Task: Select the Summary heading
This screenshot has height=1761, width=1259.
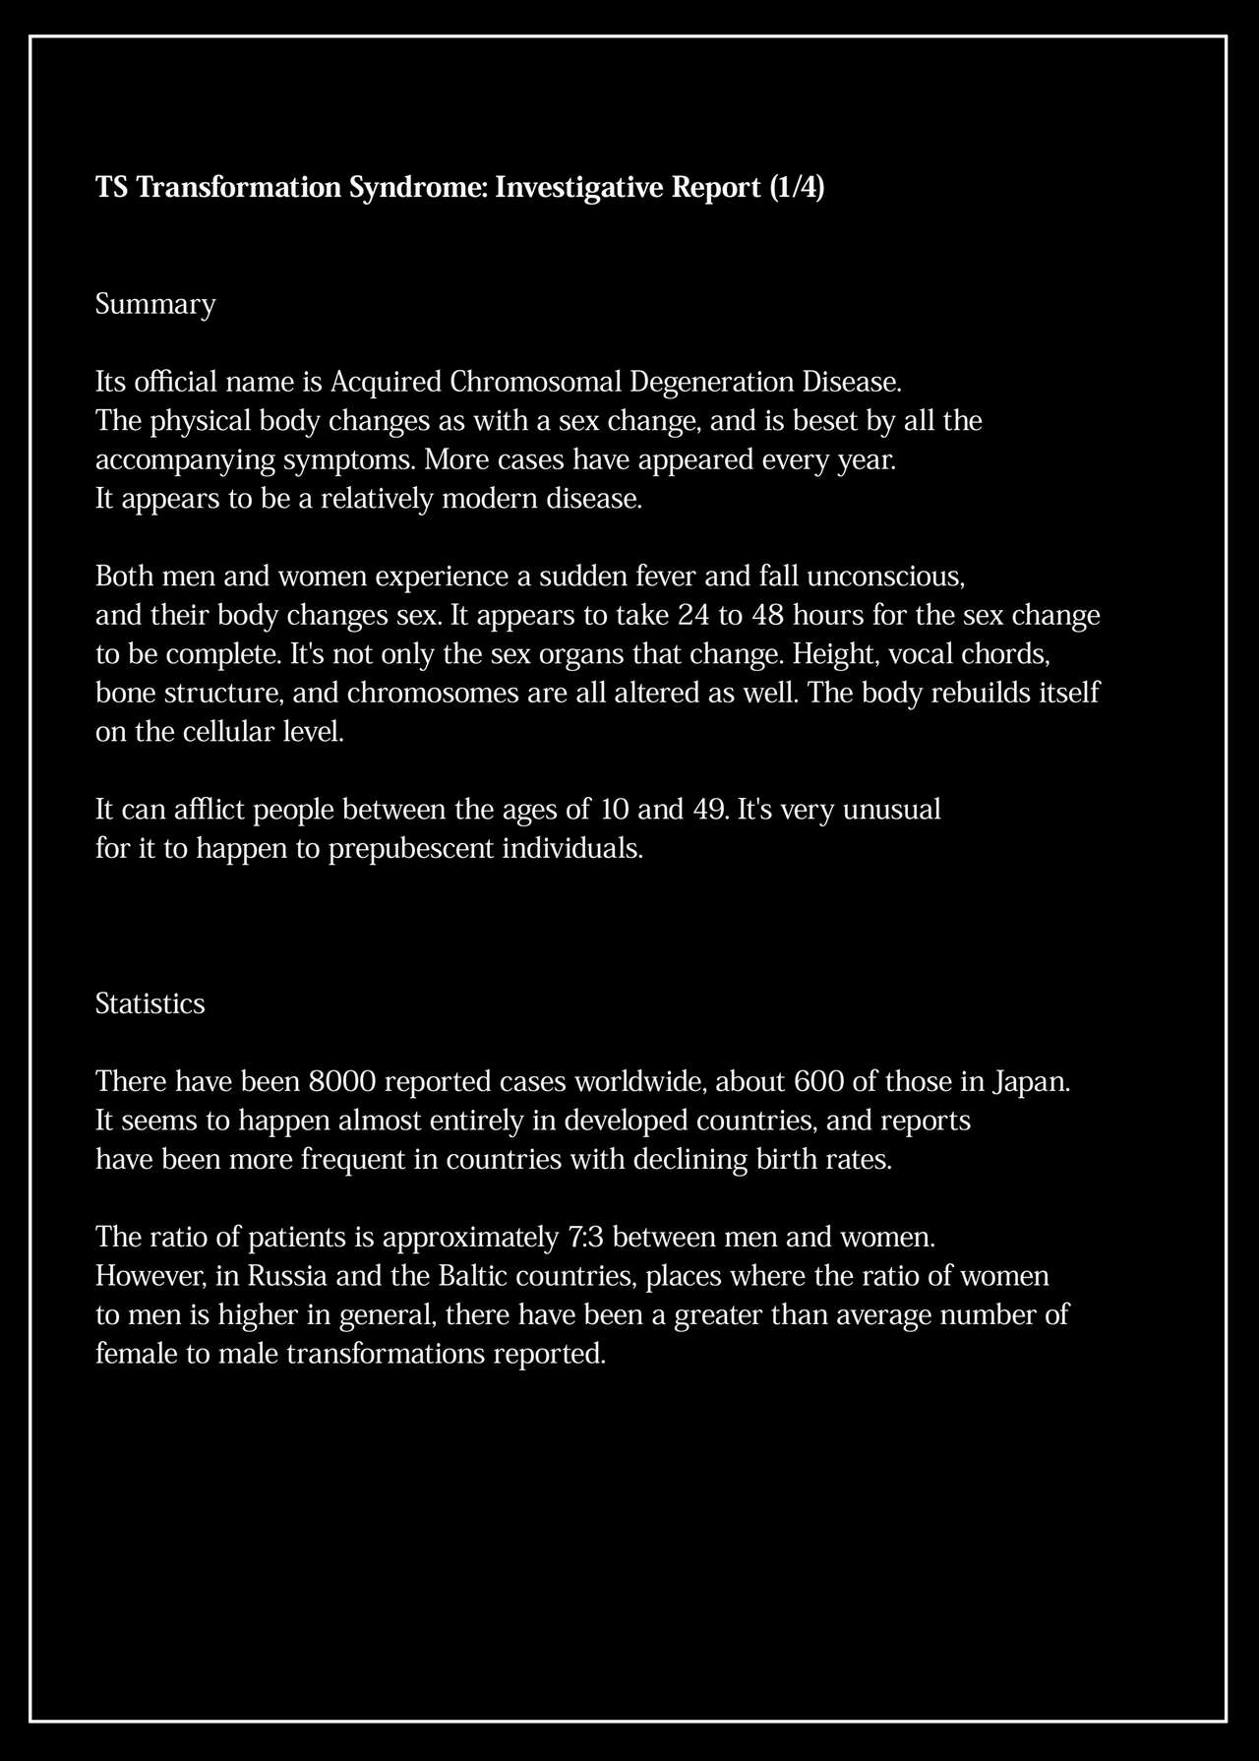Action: pos(154,305)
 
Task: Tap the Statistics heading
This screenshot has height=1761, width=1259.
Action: pos(150,1003)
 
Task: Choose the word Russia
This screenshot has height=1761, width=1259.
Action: pos(287,1276)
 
